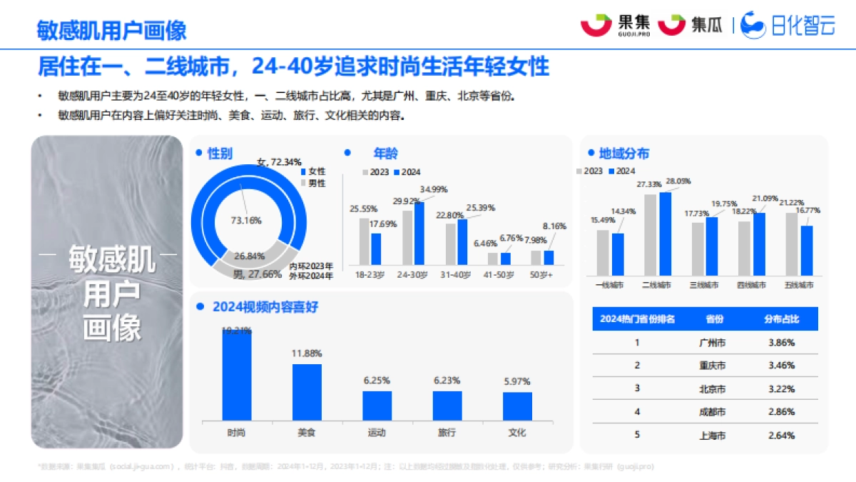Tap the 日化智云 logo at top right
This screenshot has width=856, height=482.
pyautogui.click(x=788, y=26)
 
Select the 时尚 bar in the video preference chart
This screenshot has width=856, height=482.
pyautogui.click(x=236, y=375)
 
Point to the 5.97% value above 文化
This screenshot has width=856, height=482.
pyautogui.click(x=516, y=381)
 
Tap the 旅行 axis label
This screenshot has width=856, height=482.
pyautogui.click(x=447, y=433)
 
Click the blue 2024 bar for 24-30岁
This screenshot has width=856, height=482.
pyautogui.click(x=419, y=234)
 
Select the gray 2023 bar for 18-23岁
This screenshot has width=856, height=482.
pyautogui.click(x=365, y=241)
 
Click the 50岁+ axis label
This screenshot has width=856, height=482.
pyautogui.click(x=543, y=274)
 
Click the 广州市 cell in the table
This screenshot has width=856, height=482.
pyautogui.click(x=713, y=343)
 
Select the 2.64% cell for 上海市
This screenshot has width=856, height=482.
pyautogui.click(x=781, y=436)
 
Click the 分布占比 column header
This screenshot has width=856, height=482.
pyautogui.click(x=781, y=318)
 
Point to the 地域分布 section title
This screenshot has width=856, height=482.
pyautogui.click(x=623, y=154)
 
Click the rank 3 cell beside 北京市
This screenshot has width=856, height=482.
pyautogui.click(x=637, y=388)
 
